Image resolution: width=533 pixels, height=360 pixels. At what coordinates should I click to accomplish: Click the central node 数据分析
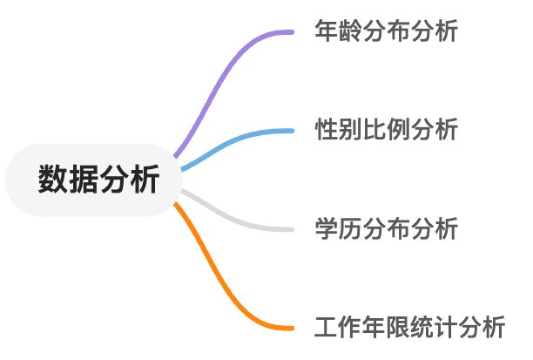98,180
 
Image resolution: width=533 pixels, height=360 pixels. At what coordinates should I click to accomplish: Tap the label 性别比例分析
386,131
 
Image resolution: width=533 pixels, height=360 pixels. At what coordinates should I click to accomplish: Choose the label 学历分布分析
386,229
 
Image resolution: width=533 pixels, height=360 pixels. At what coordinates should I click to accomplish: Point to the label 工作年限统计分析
409,328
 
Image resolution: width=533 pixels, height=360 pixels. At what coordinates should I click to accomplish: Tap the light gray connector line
231,219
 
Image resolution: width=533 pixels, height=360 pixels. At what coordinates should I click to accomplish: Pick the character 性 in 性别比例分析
326,131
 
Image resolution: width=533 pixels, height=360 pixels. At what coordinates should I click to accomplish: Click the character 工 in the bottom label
326,328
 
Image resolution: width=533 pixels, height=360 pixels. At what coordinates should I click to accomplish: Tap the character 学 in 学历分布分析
326,229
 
